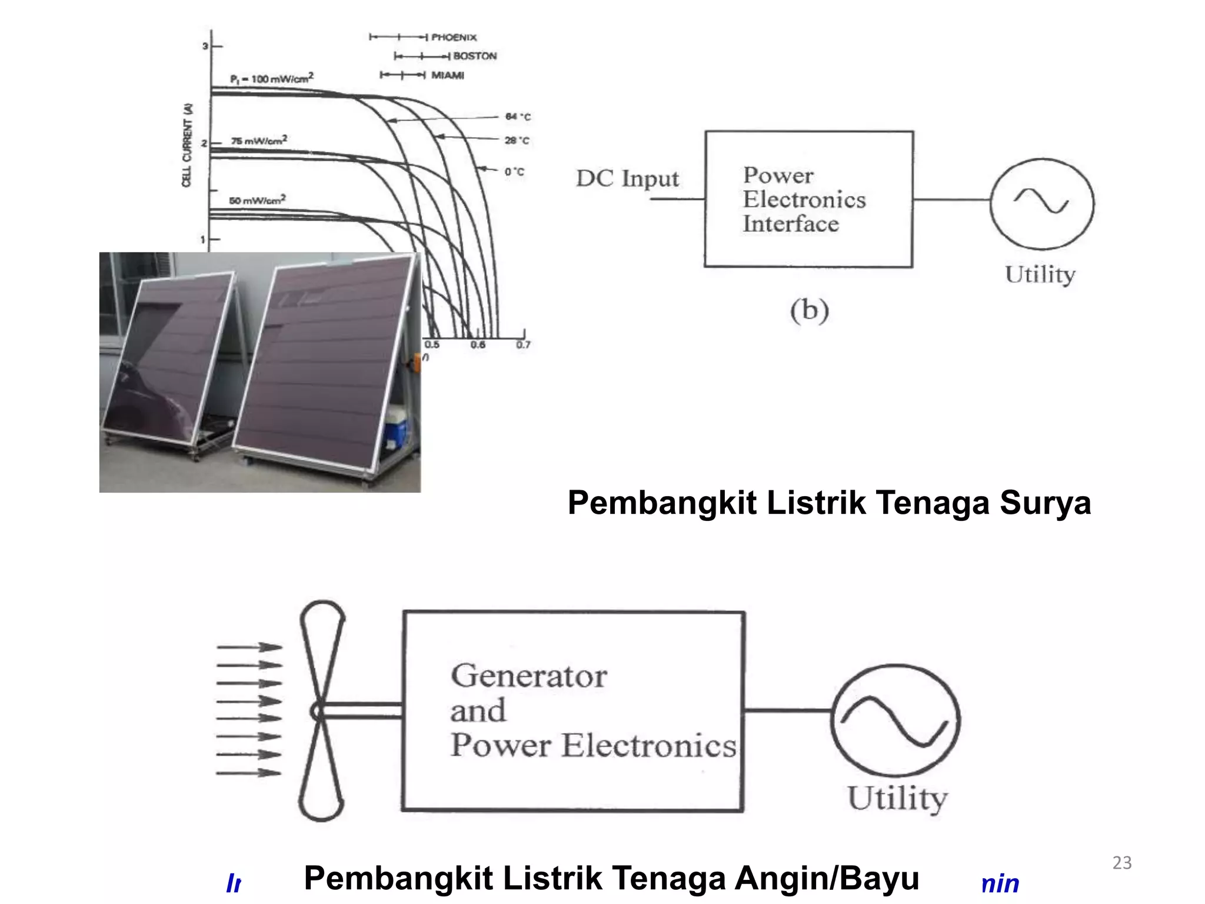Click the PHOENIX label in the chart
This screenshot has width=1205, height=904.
pyautogui.click(x=454, y=37)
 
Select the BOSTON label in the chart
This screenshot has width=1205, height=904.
pyautogui.click(x=475, y=56)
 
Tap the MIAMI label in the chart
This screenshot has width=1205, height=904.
pyautogui.click(x=448, y=75)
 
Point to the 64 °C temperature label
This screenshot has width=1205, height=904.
pyautogui.click(x=518, y=117)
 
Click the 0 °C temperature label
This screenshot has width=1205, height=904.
pyautogui.click(x=514, y=172)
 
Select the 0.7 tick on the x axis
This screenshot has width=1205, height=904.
pyautogui.click(x=523, y=345)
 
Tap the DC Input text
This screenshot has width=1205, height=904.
pyautogui.click(x=627, y=178)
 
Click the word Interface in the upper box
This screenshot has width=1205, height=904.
pyautogui.click(x=790, y=224)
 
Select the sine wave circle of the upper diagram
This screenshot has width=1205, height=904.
pyautogui.click(x=1041, y=203)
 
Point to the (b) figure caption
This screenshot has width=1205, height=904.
pyautogui.click(x=809, y=310)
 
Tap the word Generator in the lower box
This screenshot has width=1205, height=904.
pyautogui.click(x=528, y=676)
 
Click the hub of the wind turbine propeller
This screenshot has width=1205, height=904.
pyautogui.click(x=318, y=712)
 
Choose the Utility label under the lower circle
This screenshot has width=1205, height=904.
pyautogui.click(x=897, y=798)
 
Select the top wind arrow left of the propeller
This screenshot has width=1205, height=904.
pyautogui.click(x=249, y=647)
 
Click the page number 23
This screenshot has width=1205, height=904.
pyautogui.click(x=1121, y=863)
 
